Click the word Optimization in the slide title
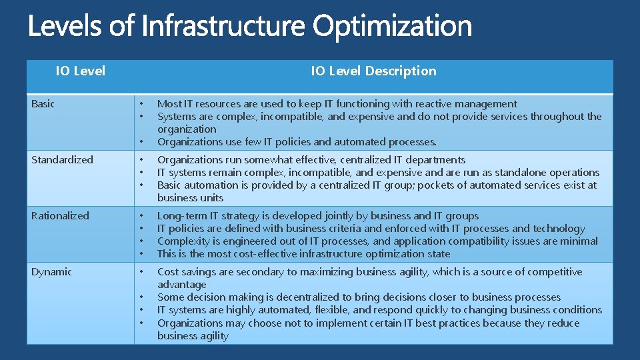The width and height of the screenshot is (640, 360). pos(392,27)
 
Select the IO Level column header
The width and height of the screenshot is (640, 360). pos(80,71)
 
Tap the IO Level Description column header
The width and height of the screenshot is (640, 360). pos(373,71)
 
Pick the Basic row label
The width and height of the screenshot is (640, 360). pos(43,103)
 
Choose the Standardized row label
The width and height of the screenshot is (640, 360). pos(62,159)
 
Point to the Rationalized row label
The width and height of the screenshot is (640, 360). pos(60,215)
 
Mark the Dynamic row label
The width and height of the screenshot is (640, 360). pos(51,271)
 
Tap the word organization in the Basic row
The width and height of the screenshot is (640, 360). pos(187,129)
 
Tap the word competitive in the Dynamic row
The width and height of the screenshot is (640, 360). pos(555,271)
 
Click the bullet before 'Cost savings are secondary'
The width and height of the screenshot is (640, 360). pos(141,272)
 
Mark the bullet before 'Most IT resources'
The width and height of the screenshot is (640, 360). pos(141,104)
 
